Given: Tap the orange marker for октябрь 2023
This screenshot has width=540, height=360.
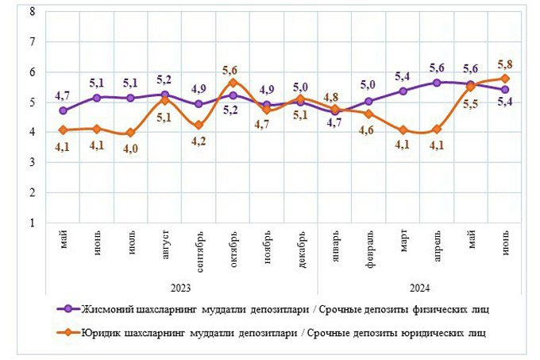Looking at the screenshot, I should coord(233,82).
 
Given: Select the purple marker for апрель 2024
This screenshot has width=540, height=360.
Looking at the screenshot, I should coord(436,82).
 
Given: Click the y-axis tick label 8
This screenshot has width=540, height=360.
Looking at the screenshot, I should coord(31,11).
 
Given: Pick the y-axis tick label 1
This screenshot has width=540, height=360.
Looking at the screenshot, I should coord(31,223).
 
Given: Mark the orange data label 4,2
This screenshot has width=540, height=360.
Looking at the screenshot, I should coord(199,141).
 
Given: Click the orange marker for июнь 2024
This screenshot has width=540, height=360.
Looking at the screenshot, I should coord(504,78).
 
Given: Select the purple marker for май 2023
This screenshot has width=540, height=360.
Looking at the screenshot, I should coord(64,110).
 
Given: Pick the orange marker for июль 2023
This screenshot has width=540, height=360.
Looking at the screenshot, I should coord(131,133).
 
